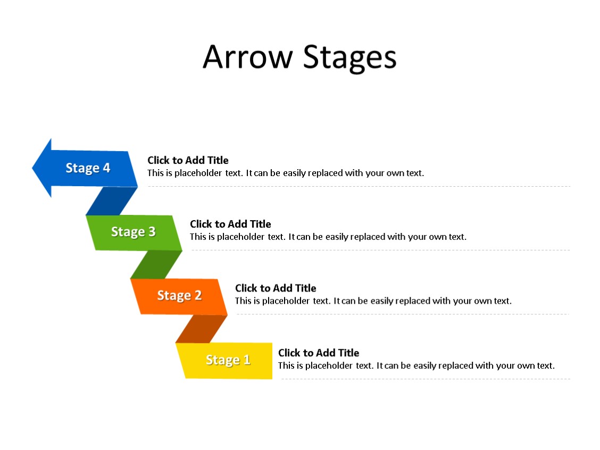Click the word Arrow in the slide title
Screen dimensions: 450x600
tap(248, 57)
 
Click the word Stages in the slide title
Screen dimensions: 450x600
tap(349, 58)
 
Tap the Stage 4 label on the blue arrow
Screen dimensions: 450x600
tap(88, 168)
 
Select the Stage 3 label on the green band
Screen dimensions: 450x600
tap(133, 232)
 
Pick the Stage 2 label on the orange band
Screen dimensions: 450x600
tap(179, 296)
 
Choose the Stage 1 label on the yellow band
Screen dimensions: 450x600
tap(228, 360)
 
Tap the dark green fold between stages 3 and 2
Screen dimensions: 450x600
tap(156, 264)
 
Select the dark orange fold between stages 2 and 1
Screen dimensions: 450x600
tap(201, 329)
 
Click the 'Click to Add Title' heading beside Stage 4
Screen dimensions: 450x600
tap(188, 160)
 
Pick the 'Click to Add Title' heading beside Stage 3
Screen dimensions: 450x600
tap(230, 224)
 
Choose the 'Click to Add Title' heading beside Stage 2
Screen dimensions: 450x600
tap(276, 288)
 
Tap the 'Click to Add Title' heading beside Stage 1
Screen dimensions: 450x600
tap(319, 353)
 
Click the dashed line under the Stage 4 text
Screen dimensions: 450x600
tap(359, 187)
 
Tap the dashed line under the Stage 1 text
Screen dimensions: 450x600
tap(426, 379)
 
